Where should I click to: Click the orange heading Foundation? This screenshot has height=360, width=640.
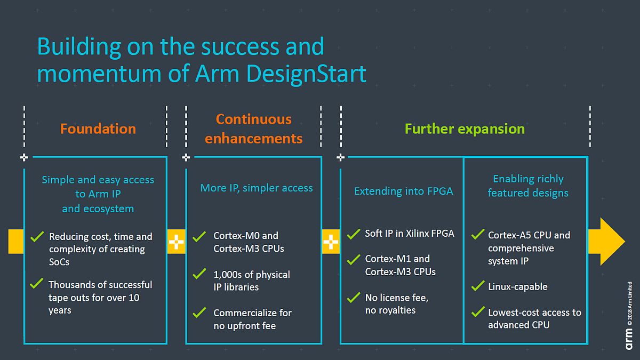click(98, 129)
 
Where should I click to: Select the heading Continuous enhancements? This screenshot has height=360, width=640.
click(254, 129)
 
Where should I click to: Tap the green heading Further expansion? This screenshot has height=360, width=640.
click(465, 129)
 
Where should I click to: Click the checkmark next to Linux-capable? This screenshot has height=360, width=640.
click(478, 286)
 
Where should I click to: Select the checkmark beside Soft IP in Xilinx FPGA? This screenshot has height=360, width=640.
click(354, 234)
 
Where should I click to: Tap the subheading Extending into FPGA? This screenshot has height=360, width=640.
click(404, 191)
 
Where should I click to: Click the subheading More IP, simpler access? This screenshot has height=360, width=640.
click(257, 188)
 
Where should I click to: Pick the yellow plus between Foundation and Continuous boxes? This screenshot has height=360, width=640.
click(176, 242)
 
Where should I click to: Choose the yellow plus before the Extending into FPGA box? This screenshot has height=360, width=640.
click(331, 242)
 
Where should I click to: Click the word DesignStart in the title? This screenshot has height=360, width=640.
click(307, 74)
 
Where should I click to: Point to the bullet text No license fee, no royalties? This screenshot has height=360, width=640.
click(396, 304)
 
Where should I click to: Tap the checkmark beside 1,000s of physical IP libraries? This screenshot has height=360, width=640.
click(199, 274)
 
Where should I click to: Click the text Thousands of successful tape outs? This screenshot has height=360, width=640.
click(100, 297)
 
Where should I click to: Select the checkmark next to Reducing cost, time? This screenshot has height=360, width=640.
click(37, 236)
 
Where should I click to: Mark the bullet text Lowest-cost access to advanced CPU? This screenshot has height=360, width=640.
click(534, 318)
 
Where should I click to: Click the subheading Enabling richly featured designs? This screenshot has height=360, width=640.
click(528, 186)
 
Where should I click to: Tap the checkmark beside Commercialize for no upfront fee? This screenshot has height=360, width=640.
click(199, 313)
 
